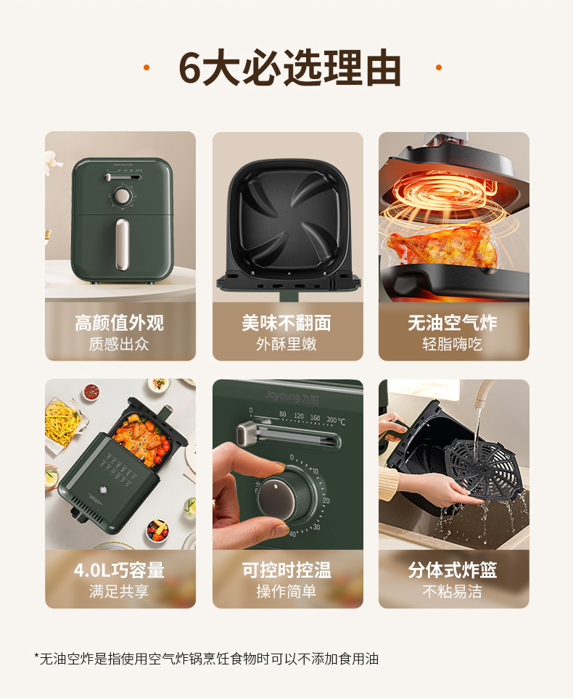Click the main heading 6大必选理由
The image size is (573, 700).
click(289, 68)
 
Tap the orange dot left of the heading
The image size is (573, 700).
click(147, 67)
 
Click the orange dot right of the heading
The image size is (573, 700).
click(439, 67)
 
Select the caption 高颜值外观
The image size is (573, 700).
click(119, 323)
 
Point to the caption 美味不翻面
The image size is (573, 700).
click(286, 323)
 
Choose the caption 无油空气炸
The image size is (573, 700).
click(453, 323)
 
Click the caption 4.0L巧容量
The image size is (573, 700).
click(119, 570)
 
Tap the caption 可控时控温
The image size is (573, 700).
click(286, 570)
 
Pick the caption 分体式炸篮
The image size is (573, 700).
click(453, 570)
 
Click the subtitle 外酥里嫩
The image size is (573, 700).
click(286, 344)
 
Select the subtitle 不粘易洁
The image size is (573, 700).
click(453, 591)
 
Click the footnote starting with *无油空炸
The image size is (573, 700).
click(207, 659)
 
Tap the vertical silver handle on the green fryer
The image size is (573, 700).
click(123, 244)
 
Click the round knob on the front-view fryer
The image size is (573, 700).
click(122, 196)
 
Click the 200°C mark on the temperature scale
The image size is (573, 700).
click(336, 421)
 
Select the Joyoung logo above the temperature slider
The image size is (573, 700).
click(292, 397)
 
